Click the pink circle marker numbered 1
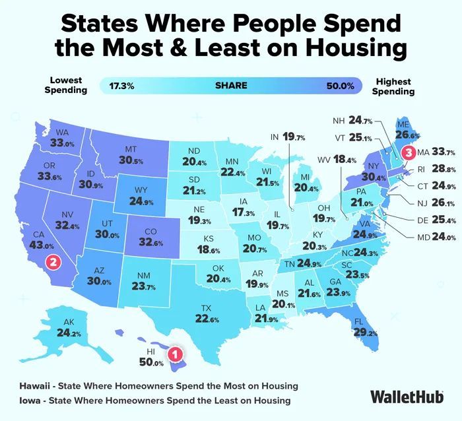click(x=175, y=354)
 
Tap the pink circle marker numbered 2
click(x=55, y=261)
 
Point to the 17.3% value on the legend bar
click(x=122, y=86)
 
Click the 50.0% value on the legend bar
click(x=340, y=86)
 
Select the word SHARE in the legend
click(x=231, y=86)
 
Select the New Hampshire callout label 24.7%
click(x=352, y=121)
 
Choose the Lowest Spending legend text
click(x=65, y=86)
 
